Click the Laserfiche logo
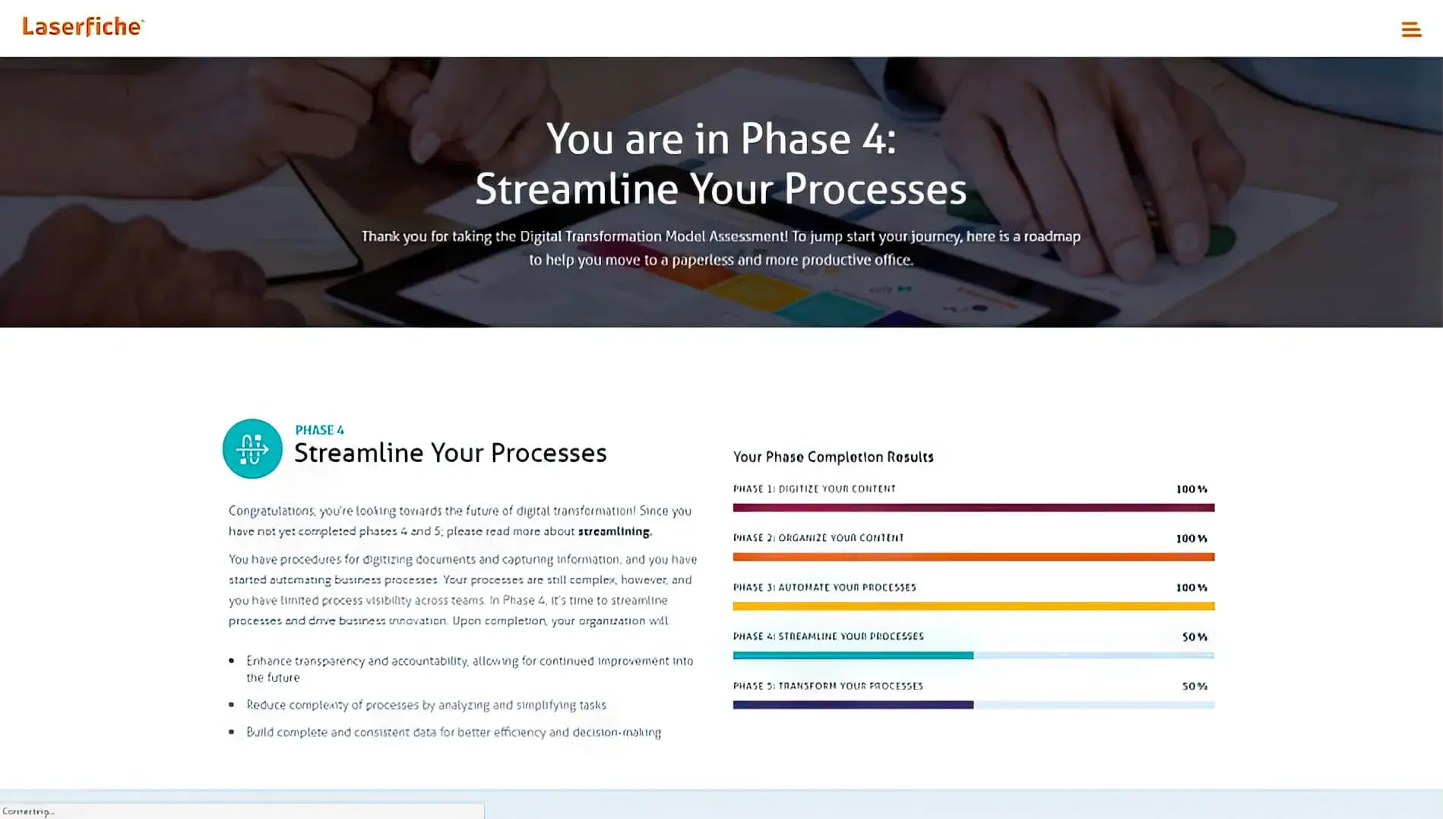click(83, 27)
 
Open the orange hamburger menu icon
click(1411, 30)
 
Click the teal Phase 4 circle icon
click(252, 448)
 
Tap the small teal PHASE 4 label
click(319, 430)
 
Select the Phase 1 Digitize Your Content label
click(814, 489)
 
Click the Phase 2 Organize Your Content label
click(818, 538)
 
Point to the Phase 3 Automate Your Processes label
click(824, 587)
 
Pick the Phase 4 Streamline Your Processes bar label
click(828, 637)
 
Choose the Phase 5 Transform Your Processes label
click(828, 686)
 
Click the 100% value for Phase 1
click(1191, 489)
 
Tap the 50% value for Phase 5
click(1195, 686)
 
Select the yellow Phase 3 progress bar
click(973, 606)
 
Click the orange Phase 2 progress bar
click(973, 557)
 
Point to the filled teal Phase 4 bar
click(853, 656)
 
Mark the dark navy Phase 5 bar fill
click(853, 705)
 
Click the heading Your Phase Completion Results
click(833, 457)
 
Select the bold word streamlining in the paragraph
click(614, 532)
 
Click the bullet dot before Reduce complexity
click(232, 705)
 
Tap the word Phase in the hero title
click(795, 139)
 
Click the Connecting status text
click(28, 811)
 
